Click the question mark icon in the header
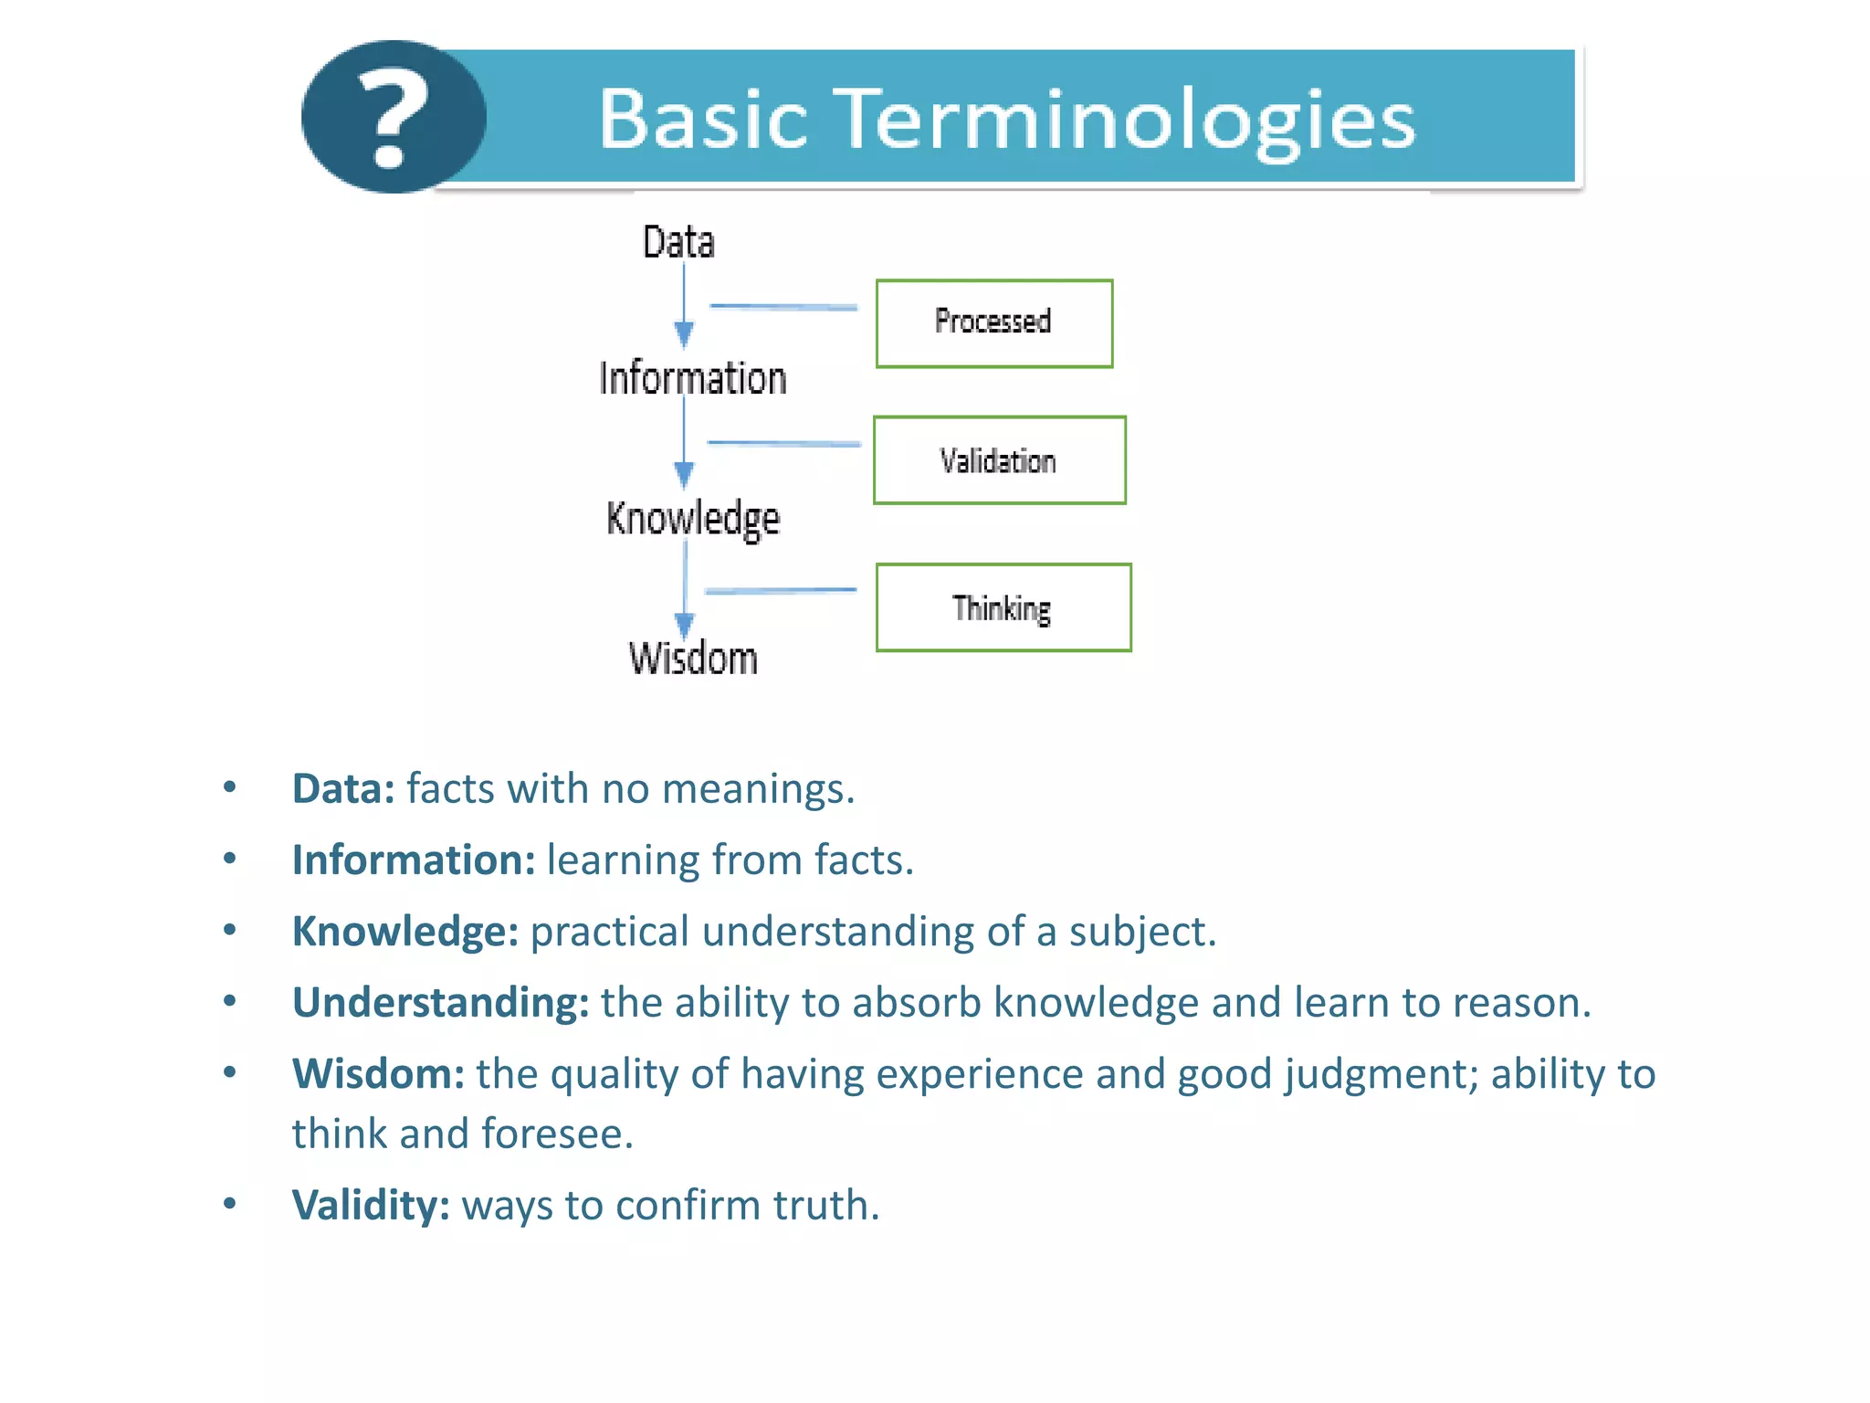click(x=393, y=117)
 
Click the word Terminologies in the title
click(x=1127, y=120)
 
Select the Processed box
click(x=993, y=323)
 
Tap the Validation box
click(x=999, y=460)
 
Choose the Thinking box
click(x=1003, y=607)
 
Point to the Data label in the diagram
click(x=678, y=242)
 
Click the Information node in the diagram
click(x=692, y=378)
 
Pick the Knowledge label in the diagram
click(x=692, y=518)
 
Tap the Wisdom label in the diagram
click(x=693, y=658)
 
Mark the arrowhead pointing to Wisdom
click(x=684, y=625)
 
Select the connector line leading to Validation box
click(x=783, y=443)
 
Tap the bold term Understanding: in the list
click(x=440, y=1002)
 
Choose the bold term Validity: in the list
click(x=371, y=1205)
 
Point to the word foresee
click(x=556, y=1134)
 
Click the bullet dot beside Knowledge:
click(x=230, y=930)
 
